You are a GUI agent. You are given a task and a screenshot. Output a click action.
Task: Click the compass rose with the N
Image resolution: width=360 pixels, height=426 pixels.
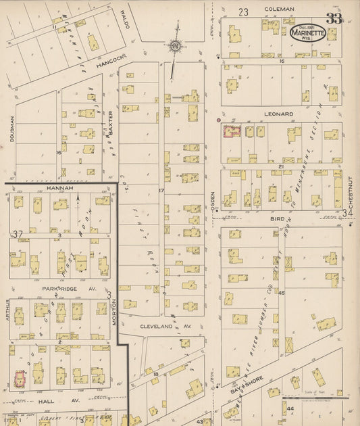click(x=174, y=46)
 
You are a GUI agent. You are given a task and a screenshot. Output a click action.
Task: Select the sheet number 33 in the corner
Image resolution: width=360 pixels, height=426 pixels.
click(x=334, y=18)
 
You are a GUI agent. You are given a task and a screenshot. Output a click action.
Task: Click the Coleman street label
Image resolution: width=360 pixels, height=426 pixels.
click(x=279, y=9)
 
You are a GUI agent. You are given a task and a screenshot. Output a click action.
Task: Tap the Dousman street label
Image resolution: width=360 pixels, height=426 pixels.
click(x=12, y=128)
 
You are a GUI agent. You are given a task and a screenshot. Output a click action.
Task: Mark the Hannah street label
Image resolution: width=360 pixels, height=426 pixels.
click(x=59, y=188)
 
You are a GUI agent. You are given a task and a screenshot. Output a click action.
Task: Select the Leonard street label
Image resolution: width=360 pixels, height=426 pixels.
click(x=278, y=114)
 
